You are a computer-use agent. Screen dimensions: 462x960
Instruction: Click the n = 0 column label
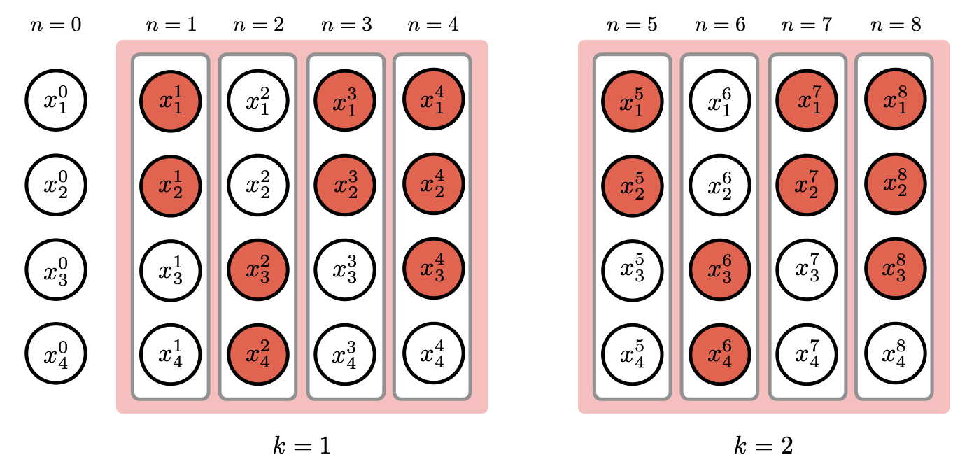pyautogui.click(x=56, y=25)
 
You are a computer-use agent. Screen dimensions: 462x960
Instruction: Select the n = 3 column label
pyautogui.click(x=346, y=25)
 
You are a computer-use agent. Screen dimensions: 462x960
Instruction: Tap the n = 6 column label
pyautogui.click(x=720, y=25)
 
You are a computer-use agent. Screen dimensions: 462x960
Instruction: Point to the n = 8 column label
pyautogui.click(x=895, y=25)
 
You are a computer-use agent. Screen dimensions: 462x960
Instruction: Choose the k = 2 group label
pyautogui.click(x=763, y=444)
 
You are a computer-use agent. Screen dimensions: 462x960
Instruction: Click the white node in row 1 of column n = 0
pyautogui.click(x=56, y=101)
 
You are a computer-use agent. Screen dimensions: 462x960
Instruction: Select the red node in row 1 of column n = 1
pyautogui.click(x=171, y=101)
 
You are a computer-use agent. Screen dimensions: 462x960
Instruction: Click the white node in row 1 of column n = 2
pyautogui.click(x=258, y=101)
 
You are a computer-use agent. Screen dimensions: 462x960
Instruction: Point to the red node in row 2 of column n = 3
pyautogui.click(x=346, y=185)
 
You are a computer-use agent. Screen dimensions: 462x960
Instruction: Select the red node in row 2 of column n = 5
pyautogui.click(x=633, y=185)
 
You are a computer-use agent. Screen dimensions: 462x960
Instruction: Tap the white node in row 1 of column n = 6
pyautogui.click(x=720, y=101)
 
